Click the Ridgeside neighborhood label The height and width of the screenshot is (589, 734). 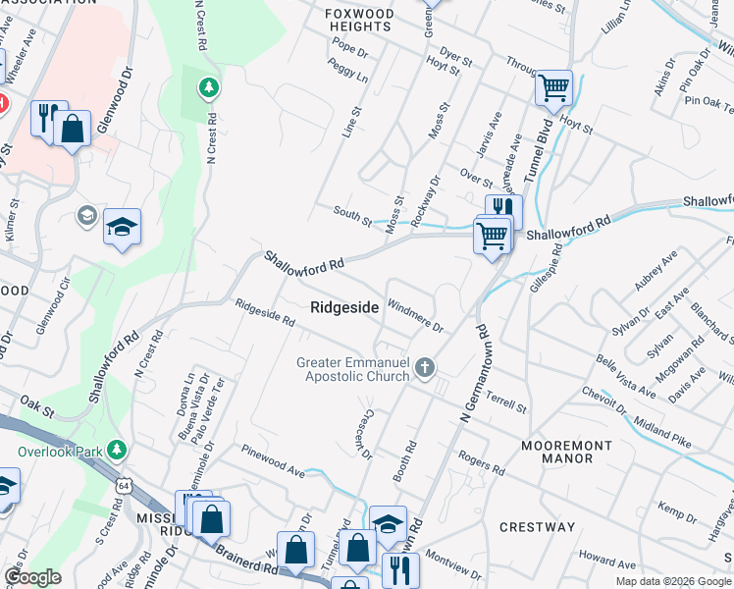point(344,307)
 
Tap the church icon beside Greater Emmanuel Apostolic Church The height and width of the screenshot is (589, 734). point(425,368)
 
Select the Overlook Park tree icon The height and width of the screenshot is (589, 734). point(117,450)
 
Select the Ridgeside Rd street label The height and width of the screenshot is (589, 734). point(264,314)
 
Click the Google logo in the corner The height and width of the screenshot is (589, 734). point(32,577)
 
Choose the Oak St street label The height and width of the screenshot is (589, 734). point(36,403)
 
